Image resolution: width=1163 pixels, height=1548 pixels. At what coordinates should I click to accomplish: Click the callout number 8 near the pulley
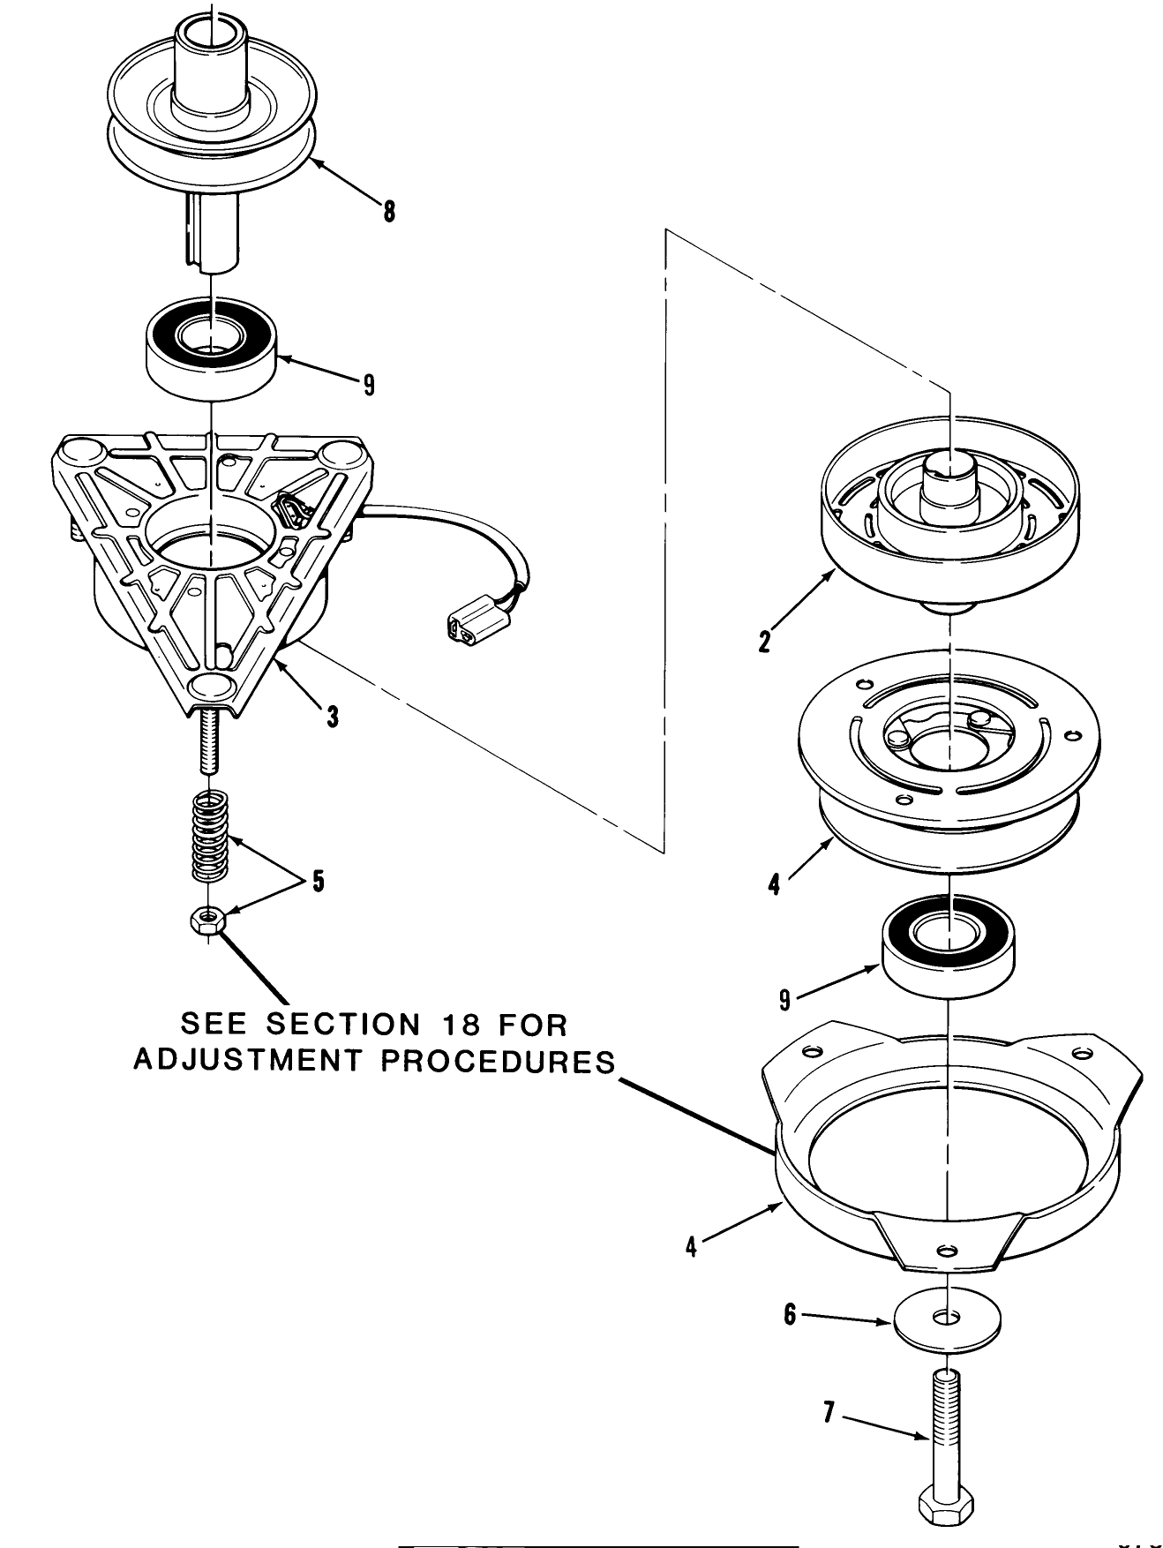[x=389, y=212]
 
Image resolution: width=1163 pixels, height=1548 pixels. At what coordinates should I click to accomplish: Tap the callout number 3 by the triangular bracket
[x=332, y=716]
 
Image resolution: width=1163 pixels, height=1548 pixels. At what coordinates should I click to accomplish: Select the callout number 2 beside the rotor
[x=764, y=641]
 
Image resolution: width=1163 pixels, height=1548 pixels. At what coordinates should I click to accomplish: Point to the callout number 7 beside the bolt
[x=828, y=1412]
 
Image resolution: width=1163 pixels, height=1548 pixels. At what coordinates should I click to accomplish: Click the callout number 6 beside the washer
[x=791, y=1315]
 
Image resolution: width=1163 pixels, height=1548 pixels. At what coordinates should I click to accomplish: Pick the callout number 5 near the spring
[x=318, y=881]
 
